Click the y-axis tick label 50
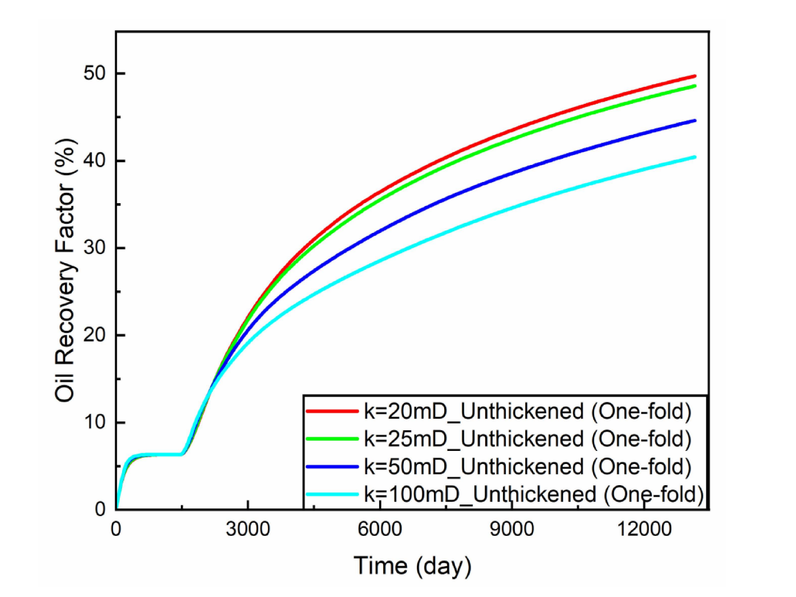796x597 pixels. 94,74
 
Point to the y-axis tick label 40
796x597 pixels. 94,160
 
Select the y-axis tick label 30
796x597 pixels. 94,248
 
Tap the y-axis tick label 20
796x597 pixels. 94,335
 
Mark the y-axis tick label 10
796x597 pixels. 94,422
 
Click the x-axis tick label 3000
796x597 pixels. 247,529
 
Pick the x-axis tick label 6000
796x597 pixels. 380,529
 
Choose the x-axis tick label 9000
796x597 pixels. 511,529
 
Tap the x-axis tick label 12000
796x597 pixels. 644,529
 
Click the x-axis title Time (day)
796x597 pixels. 412,566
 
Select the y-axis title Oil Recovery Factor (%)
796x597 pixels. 66,270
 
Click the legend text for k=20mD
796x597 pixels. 527,411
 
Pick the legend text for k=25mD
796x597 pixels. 527,439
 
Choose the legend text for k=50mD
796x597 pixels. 527,467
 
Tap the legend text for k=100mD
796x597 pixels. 534,494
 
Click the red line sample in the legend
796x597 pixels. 332,411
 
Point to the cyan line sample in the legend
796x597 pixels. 332,494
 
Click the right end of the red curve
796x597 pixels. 695,76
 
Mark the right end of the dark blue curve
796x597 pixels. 695,120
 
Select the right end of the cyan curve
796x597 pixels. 695,157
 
